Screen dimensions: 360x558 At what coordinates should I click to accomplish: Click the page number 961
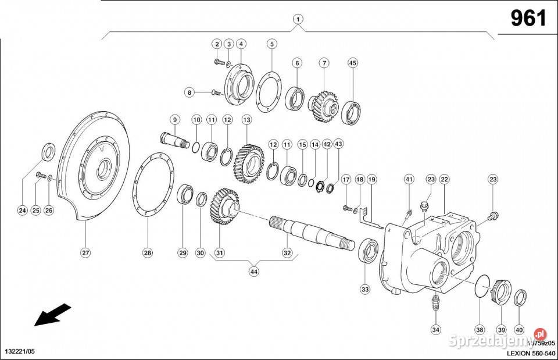click(528, 19)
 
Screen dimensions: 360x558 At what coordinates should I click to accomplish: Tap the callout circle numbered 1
click(298, 19)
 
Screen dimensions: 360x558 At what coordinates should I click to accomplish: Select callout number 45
click(352, 62)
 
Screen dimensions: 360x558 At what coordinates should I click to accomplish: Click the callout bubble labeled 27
click(85, 252)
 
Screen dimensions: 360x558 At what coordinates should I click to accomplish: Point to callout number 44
click(254, 271)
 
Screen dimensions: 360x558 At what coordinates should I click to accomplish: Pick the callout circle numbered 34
click(435, 330)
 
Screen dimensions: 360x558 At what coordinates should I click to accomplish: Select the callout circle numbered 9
click(173, 119)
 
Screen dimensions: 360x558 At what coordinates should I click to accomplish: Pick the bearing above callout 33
click(367, 251)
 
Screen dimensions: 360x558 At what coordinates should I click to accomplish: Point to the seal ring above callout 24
click(48, 153)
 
